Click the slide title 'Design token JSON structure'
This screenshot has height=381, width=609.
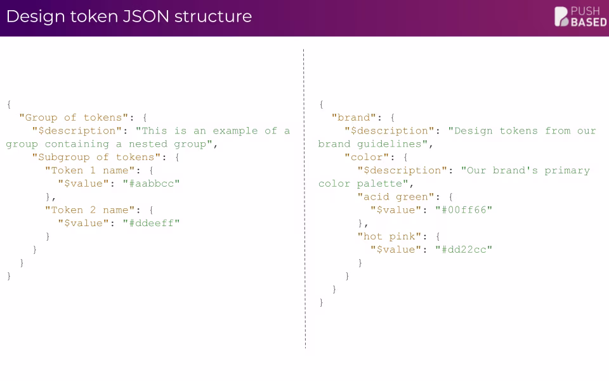(x=129, y=17)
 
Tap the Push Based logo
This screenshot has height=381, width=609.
(x=580, y=17)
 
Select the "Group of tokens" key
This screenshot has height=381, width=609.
(x=74, y=117)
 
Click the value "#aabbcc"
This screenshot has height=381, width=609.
(x=152, y=184)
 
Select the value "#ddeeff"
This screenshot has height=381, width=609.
(x=152, y=223)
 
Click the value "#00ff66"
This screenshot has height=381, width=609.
(x=464, y=210)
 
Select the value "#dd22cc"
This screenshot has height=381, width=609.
(x=464, y=250)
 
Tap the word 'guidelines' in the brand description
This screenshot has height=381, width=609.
(x=392, y=144)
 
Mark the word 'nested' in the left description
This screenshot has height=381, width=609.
(x=148, y=144)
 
